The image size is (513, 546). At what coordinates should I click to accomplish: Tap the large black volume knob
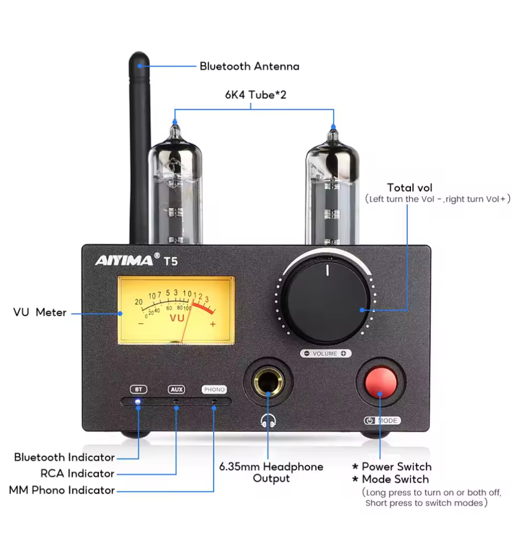pos(326,300)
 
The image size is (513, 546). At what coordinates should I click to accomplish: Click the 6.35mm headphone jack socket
pos(268,382)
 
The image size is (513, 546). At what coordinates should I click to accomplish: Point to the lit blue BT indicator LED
pos(138,403)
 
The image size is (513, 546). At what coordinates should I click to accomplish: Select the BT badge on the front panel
pos(138,389)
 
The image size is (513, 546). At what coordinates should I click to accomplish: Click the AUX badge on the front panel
pos(176,389)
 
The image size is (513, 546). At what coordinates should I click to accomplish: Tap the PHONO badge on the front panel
pos(214,389)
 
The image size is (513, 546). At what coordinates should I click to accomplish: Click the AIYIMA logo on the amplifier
pos(125,260)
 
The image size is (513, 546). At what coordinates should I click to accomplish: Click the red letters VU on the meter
pos(176,317)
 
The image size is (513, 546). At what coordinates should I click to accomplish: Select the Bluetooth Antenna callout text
pos(249,67)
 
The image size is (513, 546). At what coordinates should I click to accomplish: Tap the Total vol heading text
pos(410,188)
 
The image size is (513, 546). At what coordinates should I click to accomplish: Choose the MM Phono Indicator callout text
pos(62,490)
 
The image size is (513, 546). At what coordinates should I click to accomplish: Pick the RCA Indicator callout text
pos(77,473)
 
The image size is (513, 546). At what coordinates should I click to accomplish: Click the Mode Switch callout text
pos(396,479)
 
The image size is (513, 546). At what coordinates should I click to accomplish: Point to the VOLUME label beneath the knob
pos(325,354)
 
